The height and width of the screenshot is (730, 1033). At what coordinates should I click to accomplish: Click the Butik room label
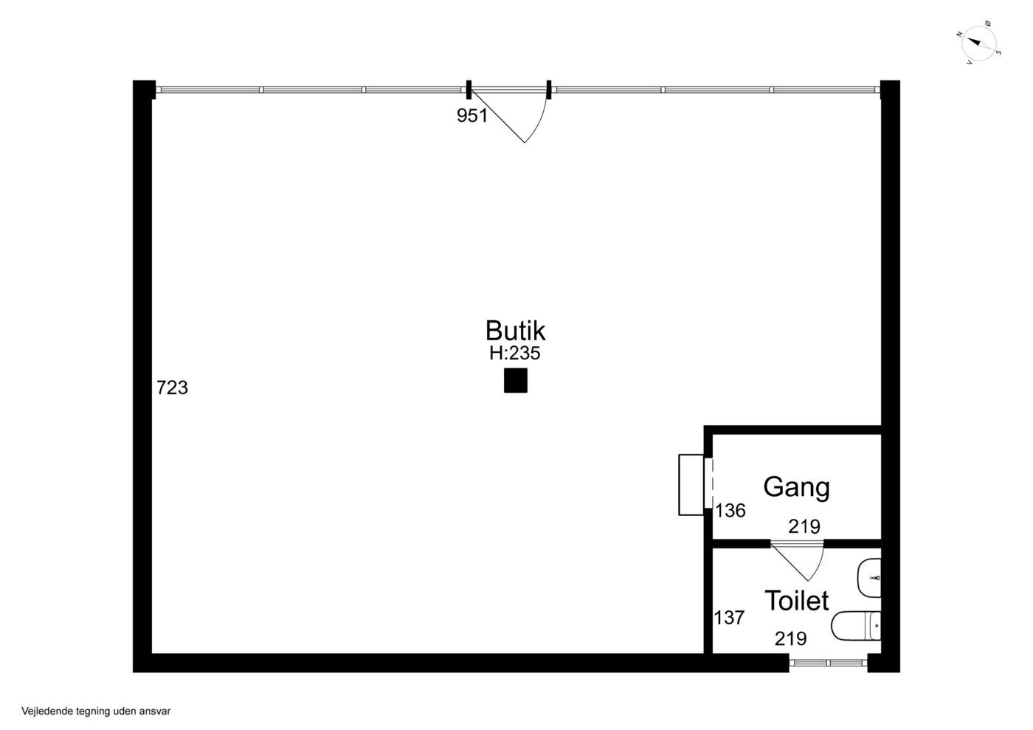[x=515, y=331]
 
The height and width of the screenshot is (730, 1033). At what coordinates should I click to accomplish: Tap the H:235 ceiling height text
[x=515, y=354]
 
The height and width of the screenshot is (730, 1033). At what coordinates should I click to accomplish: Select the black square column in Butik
[x=516, y=381]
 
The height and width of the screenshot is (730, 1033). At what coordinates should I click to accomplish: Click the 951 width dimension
[x=471, y=115]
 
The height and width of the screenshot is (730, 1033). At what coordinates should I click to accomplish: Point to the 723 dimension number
[x=172, y=388]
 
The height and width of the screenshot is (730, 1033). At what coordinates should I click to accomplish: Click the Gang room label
[x=796, y=488]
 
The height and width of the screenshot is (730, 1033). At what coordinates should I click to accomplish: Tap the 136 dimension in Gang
[x=730, y=511]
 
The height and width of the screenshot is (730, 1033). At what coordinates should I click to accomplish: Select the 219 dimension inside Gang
[x=804, y=526]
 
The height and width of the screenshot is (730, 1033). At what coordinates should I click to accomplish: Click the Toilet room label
[x=796, y=600]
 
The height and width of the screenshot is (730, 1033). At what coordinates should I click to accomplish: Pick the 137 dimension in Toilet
[x=730, y=617]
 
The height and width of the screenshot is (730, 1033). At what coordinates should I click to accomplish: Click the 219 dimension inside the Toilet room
[x=791, y=638]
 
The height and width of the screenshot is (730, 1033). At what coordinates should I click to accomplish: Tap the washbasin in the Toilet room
[x=869, y=578]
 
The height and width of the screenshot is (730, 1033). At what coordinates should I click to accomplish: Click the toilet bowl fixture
[x=856, y=626]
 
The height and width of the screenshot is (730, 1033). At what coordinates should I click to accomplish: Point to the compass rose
[x=978, y=44]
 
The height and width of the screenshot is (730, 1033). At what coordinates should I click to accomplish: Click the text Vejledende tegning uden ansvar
[x=96, y=711]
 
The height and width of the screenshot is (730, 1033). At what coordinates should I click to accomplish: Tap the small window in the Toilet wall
[x=828, y=663]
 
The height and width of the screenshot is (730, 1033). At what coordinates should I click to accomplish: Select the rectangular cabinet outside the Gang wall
[x=691, y=485]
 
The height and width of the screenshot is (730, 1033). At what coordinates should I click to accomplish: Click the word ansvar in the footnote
[x=156, y=712]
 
